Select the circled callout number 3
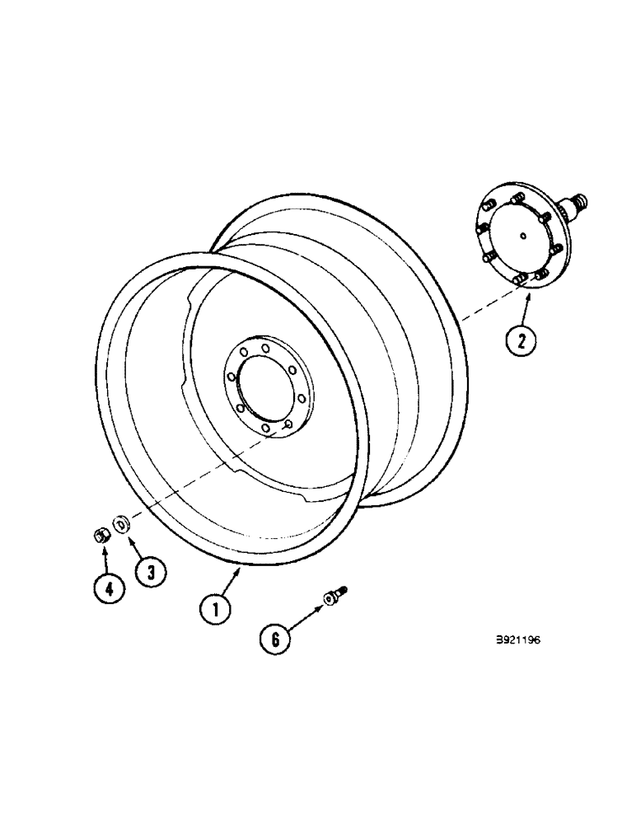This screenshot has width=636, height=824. click(150, 571)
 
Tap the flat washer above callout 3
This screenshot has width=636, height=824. click(121, 523)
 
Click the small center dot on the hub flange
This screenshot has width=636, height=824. click(524, 237)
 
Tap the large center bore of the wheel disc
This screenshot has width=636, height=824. click(264, 386)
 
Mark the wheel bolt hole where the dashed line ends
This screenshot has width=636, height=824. click(288, 426)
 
